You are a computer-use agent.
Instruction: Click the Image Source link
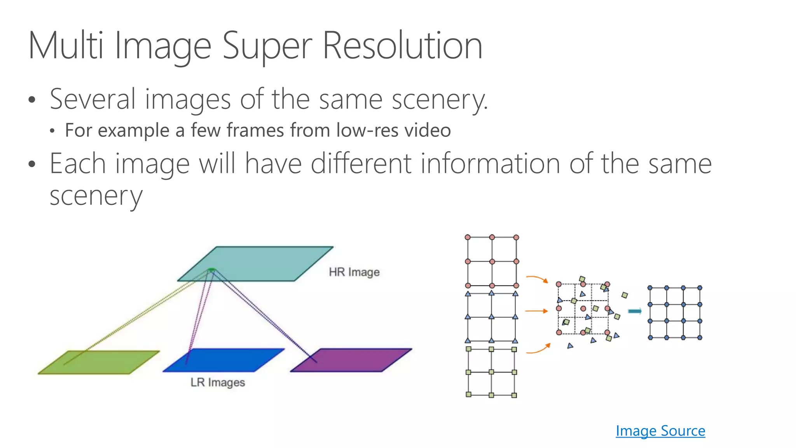coord(660,431)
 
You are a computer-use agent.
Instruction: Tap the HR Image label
coord(354,272)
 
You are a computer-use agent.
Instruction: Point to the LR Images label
coord(218,382)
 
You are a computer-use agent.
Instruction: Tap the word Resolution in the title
coord(403,46)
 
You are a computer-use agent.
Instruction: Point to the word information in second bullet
coord(490,164)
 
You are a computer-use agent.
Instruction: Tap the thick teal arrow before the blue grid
coord(635,311)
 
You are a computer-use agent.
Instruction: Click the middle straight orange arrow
coord(536,311)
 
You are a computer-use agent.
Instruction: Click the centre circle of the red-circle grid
coord(492,261)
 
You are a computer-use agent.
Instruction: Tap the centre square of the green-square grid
coord(491,372)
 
